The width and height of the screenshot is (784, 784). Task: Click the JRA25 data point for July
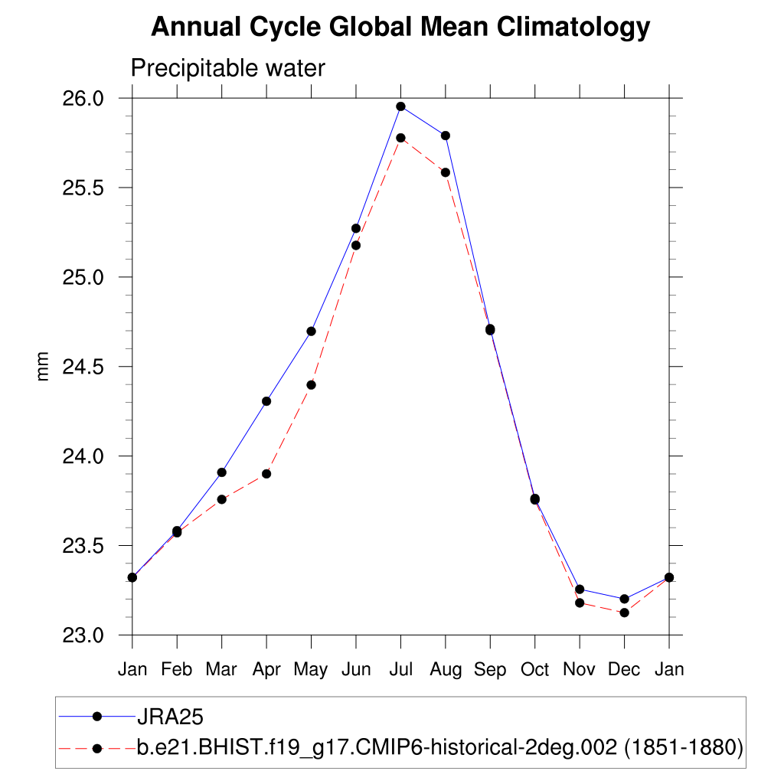click(400, 106)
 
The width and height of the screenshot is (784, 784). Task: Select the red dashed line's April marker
click(266, 474)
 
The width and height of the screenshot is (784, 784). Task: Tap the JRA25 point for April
click(266, 401)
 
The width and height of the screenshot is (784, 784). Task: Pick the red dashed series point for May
click(311, 385)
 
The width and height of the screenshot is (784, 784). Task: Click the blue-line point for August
click(445, 136)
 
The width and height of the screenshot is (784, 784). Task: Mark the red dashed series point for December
click(624, 612)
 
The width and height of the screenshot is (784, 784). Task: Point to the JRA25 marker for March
click(221, 472)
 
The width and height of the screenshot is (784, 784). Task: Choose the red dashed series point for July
click(400, 138)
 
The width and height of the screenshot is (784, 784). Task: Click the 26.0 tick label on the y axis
click(81, 99)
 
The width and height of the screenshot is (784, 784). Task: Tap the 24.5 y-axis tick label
click(81, 367)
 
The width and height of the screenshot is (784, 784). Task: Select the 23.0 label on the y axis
click(81, 635)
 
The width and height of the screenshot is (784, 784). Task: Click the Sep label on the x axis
click(490, 670)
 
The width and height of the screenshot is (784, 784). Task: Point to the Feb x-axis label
click(177, 670)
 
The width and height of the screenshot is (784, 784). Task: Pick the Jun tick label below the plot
click(355, 670)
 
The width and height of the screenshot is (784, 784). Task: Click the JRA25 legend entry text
click(169, 717)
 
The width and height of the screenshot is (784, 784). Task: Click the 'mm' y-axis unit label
click(43, 367)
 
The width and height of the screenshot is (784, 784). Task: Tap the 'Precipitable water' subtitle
click(228, 68)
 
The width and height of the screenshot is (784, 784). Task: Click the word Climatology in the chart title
click(573, 27)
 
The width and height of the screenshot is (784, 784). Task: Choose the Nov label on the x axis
click(580, 670)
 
